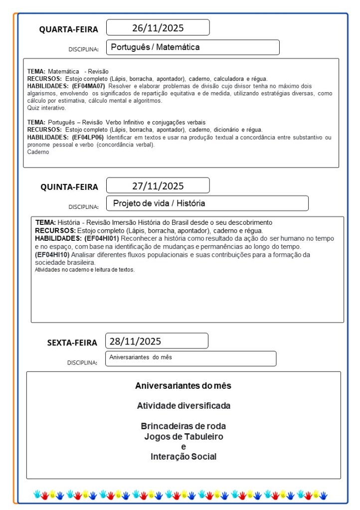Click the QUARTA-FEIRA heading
coord(69,29)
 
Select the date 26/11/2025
coord(158,27)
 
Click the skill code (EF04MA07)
coord(88,86)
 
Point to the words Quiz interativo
coord(46,108)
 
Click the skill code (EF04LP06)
coord(88,137)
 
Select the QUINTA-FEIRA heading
coord(69,187)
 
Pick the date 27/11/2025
coord(158,186)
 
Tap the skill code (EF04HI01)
coord(102,238)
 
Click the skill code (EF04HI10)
coord(52,255)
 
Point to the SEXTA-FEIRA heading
coord(72,342)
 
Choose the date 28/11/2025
coord(135,341)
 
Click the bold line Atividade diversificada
coord(183,406)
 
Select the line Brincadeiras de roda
coord(183,426)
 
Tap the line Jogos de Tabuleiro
coord(183,437)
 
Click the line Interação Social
coord(183,457)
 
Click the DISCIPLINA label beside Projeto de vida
coord(83,206)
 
